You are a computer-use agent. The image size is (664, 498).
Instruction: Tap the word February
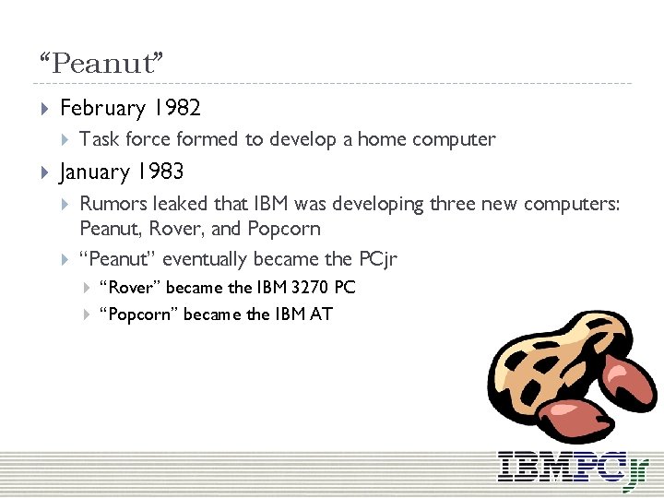102,108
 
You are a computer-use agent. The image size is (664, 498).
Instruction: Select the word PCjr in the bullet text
376,258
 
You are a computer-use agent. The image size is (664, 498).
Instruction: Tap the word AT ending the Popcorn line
321,314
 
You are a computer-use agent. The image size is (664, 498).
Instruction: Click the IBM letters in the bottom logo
530,465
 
